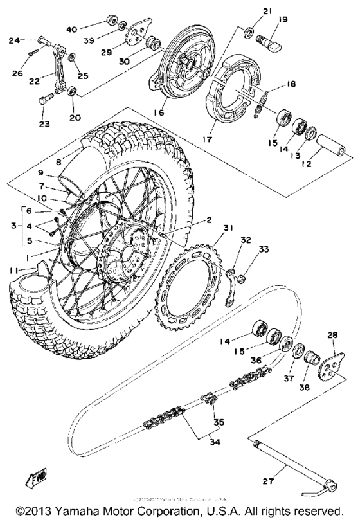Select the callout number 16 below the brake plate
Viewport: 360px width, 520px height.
pyautogui.click(x=159, y=112)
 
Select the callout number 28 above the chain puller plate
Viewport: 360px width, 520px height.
pyautogui.click(x=332, y=335)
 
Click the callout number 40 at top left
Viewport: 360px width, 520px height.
pyautogui.click(x=71, y=29)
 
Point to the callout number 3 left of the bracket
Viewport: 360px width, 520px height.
pyautogui.click(x=12, y=226)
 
